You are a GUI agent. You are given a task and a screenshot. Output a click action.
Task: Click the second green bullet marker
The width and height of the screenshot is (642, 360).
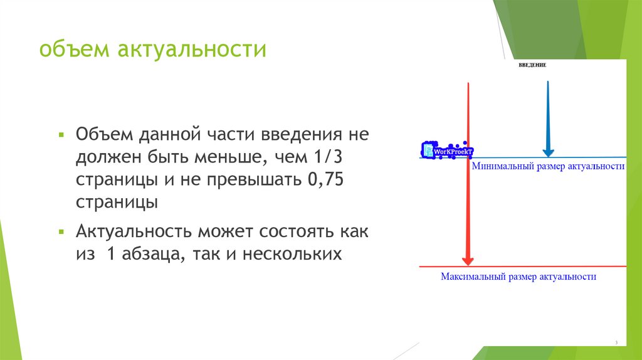pos(61,232)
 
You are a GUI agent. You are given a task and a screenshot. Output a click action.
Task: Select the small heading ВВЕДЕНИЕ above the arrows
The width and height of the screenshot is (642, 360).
pos(533,66)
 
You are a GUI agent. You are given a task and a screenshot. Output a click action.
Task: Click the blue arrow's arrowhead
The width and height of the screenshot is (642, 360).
pos(547,150)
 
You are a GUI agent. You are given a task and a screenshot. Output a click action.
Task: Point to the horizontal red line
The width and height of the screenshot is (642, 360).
pos(552,267)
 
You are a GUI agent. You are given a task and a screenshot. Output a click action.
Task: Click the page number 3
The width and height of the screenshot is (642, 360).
pos(616,342)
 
